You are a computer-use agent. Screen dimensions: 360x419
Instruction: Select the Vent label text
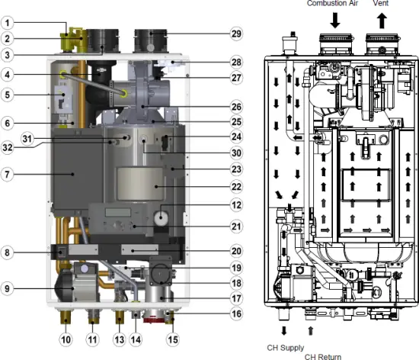click(381, 4)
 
